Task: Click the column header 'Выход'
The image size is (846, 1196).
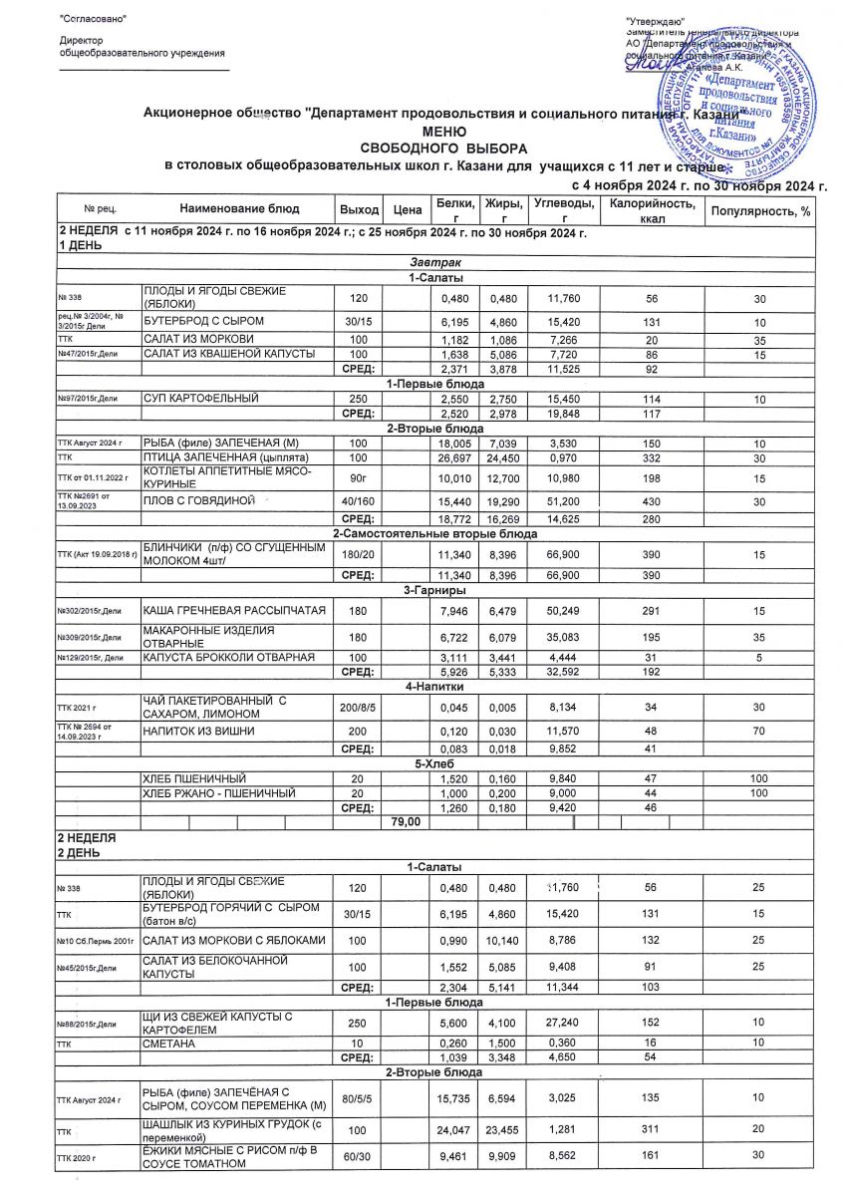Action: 359,209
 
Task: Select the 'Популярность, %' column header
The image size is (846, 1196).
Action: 759,209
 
